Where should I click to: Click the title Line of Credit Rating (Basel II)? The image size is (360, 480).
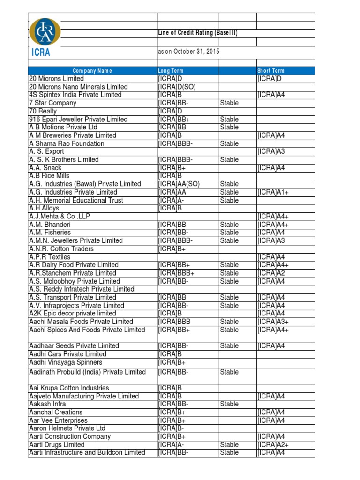[198, 33]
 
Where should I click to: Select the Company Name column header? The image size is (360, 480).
[92, 71]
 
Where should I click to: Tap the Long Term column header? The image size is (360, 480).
[171, 71]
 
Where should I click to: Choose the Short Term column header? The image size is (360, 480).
[271, 71]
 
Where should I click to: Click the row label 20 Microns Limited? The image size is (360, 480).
[57, 79]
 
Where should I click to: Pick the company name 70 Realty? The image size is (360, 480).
[43, 111]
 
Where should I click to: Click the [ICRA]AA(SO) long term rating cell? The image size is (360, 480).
[179, 184]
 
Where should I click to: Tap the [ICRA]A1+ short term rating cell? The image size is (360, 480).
[273, 192]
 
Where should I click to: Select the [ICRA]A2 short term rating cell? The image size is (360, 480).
[271, 273]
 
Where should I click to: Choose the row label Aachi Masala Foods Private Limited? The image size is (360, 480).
[81, 322]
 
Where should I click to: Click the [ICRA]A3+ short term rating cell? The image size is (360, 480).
[273, 322]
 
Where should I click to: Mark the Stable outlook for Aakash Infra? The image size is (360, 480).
[229, 404]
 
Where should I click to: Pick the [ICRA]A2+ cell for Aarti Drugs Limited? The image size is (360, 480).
[273, 445]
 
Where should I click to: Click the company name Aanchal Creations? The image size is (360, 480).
[55, 412]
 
